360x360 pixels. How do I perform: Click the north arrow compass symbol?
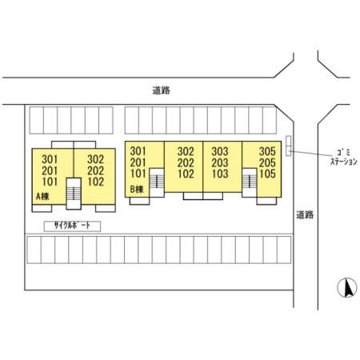pyautogui.click(x=347, y=288)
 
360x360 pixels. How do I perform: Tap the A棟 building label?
pyautogui.click(x=42, y=197)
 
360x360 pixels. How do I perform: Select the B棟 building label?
pyautogui.click(x=137, y=190)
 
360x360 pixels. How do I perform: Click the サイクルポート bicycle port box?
pyautogui.click(x=72, y=226)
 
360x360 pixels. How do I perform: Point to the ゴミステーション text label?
pyautogui.click(x=344, y=157)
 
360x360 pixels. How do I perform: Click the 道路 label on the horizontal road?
pyautogui.click(x=161, y=90)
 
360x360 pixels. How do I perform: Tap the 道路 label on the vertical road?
pyautogui.click(x=305, y=214)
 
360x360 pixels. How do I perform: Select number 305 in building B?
pyautogui.click(x=267, y=151)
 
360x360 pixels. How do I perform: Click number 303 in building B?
pyautogui.click(x=220, y=151)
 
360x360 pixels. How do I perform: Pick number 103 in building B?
pyautogui.click(x=220, y=174)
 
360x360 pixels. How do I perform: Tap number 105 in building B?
pyautogui.click(x=267, y=174)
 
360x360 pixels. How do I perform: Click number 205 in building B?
pyautogui.click(x=267, y=162)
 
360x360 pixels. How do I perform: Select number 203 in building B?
pyautogui.click(x=220, y=162)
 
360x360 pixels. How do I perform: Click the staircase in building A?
pyautogui.click(x=74, y=194)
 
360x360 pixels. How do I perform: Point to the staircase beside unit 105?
pyautogui.click(x=250, y=182)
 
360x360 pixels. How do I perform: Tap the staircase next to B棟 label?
pyautogui.click(x=157, y=182)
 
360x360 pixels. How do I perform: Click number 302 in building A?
pyautogui.click(x=95, y=159)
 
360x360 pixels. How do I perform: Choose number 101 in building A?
pyautogui.click(x=50, y=182)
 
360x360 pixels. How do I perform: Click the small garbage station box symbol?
pyautogui.click(x=288, y=146)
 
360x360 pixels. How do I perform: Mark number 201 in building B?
pyautogui.click(x=138, y=162)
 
